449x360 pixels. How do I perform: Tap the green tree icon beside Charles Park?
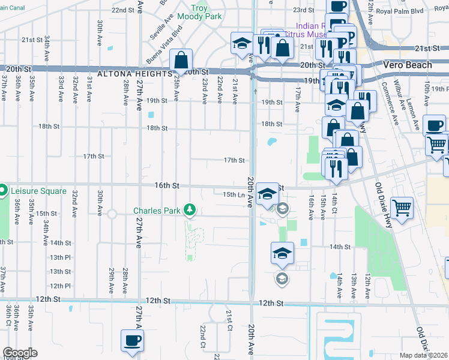coord(190,209)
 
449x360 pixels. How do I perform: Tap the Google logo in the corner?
coord(20,353)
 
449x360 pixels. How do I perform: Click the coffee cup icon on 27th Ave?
coord(133,341)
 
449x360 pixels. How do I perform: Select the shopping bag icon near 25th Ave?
coord(181,60)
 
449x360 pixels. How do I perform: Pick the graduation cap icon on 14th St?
coord(282,253)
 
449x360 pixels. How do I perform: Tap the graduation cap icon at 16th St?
coord(267,194)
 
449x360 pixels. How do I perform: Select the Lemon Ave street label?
coord(413,115)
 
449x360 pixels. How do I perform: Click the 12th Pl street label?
coord(60,286)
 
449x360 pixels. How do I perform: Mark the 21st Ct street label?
coord(229,320)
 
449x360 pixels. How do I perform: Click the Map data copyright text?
coord(424,355)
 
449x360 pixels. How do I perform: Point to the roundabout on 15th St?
coord(112,214)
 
